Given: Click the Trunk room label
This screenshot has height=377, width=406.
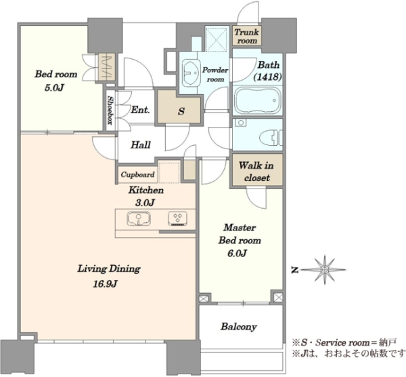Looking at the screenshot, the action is [x=246, y=37].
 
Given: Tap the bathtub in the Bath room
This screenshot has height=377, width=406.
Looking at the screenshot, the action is [x=257, y=100].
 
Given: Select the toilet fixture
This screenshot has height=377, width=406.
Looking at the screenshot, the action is [x=270, y=136].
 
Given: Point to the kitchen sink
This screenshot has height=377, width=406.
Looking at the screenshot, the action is [x=139, y=218].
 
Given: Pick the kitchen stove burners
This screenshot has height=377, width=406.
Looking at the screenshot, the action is [x=177, y=218].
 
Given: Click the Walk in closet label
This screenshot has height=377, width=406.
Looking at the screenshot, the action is [x=256, y=172].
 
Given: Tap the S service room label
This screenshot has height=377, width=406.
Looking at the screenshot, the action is [x=181, y=111].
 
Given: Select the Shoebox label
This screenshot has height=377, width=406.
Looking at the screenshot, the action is [x=110, y=111].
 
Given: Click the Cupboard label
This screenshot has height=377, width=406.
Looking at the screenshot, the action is [x=137, y=175].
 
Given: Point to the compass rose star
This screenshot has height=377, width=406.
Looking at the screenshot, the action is [x=324, y=270].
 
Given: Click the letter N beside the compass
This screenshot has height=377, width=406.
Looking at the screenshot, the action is [x=294, y=270].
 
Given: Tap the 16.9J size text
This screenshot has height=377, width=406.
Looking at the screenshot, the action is [x=105, y=284].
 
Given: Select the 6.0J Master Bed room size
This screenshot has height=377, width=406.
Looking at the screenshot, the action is [x=237, y=253].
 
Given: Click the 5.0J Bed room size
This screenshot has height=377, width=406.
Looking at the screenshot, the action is [x=54, y=88].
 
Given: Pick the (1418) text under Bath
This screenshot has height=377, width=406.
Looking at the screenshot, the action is [x=268, y=77].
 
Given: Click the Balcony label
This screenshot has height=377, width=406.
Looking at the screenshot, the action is [x=238, y=327].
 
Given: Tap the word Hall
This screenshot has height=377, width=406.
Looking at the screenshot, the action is [x=141, y=145].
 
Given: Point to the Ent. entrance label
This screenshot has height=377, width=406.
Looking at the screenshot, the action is [x=140, y=110].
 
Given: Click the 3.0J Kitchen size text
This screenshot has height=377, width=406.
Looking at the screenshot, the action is [x=145, y=203].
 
